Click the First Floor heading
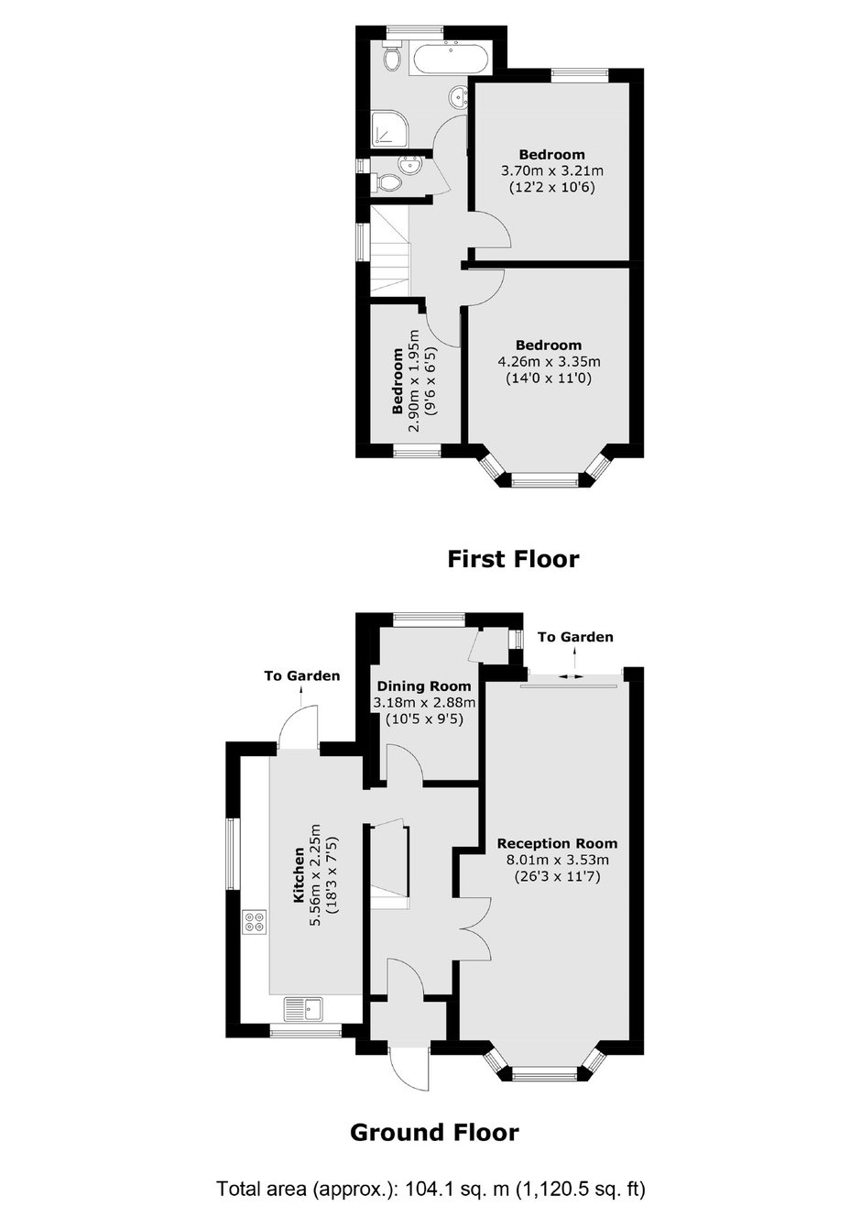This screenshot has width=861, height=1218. coord(513,559)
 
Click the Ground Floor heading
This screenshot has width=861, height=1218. coord(434,1132)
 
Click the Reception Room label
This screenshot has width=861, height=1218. coord(557,843)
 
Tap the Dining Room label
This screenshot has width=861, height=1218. coord(424,686)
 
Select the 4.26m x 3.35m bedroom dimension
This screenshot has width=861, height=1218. coord(549,362)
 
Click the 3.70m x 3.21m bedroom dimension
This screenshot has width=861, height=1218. coord(551,170)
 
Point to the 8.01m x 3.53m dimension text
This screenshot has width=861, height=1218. coord(557,860)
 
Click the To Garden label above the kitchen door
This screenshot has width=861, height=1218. coord(302,675)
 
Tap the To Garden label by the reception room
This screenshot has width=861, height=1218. coord(575,637)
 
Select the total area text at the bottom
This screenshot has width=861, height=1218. coord(431,1189)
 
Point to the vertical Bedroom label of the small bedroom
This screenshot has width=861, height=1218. coord(398,380)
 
